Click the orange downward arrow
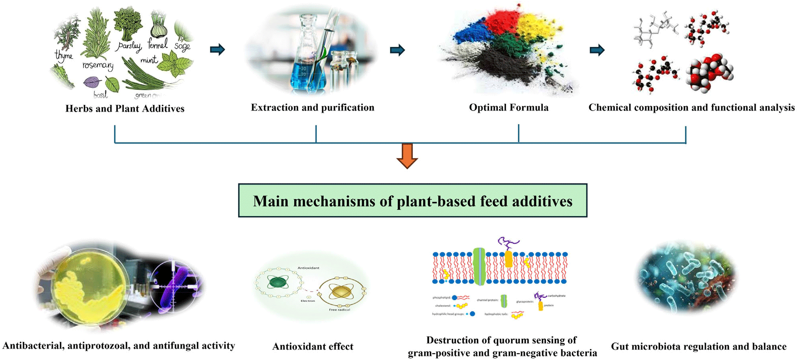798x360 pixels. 407,155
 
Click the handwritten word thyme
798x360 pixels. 63,55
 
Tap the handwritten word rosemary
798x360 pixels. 98,65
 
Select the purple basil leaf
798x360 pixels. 92,83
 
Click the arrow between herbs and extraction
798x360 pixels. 218,49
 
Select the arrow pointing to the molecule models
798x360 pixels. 597,50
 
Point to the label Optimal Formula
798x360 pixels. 509,107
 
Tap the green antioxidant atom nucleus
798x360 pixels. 278,283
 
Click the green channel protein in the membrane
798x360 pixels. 479,267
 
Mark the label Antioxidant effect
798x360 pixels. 313,346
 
